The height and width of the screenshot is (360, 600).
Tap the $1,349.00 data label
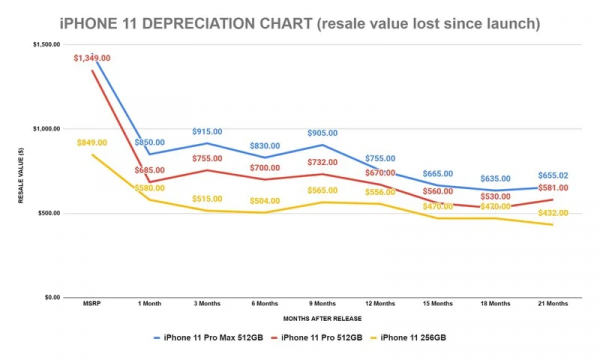(x=92, y=59)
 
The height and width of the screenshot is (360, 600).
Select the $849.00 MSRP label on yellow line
(x=92, y=143)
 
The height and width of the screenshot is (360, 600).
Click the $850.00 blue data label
(x=150, y=142)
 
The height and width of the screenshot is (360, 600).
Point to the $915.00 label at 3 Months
(x=207, y=132)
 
